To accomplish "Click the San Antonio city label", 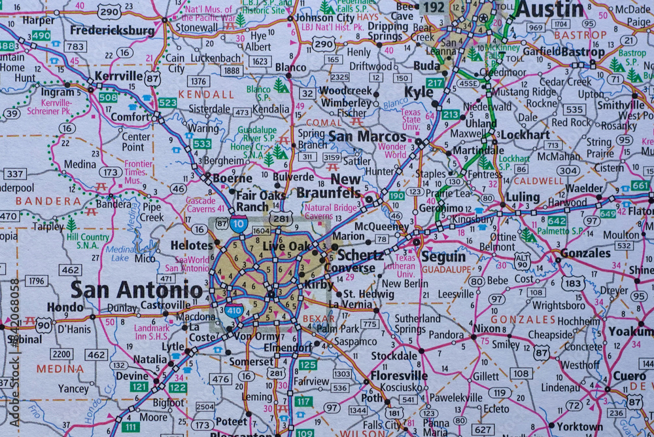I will point(136,289).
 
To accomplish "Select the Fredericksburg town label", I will point(112,30).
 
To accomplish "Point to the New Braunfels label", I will point(328,186).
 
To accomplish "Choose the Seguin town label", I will point(443,257).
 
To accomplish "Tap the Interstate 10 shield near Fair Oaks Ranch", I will point(239,224).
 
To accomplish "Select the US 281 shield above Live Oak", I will point(281,219).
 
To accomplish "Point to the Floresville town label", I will point(398,376).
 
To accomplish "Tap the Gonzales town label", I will point(585,253).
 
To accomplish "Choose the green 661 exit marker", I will point(640,185).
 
